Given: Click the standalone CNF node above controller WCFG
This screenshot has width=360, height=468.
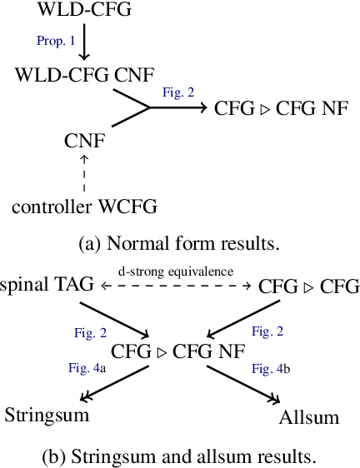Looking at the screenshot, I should (x=84, y=140).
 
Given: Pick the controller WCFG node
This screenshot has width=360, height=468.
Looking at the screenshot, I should (x=84, y=205).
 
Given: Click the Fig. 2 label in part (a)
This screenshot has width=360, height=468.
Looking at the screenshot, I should (x=177, y=93).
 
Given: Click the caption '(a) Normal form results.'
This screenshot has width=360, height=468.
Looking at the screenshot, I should (x=178, y=244).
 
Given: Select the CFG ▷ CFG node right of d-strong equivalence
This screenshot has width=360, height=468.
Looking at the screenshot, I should (x=308, y=287).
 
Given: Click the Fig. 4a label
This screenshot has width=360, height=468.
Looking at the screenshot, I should (x=85, y=366).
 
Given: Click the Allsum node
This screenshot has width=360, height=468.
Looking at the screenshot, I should (x=310, y=416).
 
